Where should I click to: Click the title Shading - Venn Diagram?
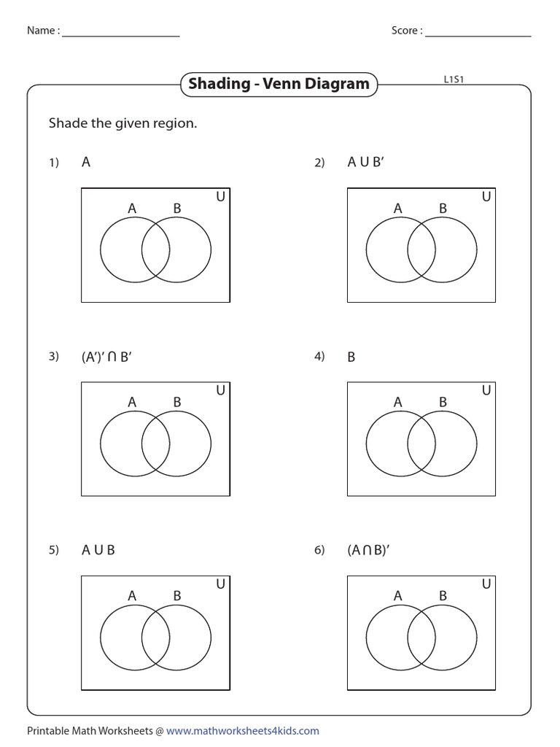279,84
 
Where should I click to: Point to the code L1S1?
454,80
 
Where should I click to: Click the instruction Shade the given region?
122,123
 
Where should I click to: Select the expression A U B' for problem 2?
365,163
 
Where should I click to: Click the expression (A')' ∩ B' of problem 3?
106,357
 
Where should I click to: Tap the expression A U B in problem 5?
98,551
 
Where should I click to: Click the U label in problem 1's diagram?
220,197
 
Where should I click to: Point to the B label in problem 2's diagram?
443,209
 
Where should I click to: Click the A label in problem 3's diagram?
132,402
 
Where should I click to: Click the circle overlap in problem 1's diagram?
155,249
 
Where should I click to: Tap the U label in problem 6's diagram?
486,584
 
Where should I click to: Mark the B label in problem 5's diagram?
176,596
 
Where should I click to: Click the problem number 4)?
319,357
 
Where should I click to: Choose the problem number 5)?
53,551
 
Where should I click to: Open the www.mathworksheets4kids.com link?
247,731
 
